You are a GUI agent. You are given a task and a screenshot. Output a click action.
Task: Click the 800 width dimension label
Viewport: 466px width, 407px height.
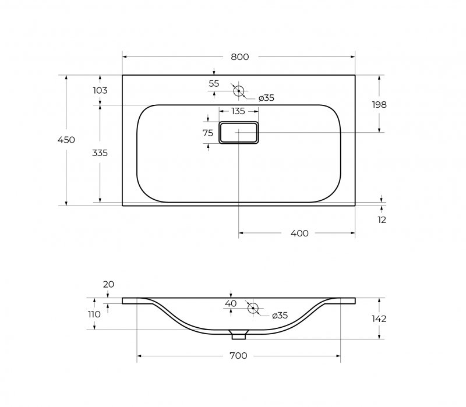tap(240, 56)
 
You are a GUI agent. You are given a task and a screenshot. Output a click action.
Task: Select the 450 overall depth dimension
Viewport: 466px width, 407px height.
tap(66, 140)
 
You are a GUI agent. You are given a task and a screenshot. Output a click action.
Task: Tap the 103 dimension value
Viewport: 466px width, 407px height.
tap(100, 90)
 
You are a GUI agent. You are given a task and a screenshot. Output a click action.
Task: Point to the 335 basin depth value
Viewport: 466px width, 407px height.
tap(100, 153)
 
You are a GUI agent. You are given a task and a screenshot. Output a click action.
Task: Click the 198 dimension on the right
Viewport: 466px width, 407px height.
tap(379, 105)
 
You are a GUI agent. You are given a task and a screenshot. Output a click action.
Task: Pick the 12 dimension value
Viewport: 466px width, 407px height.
tap(382, 220)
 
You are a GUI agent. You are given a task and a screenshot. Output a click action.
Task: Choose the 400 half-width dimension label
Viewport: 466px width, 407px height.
tap(299, 233)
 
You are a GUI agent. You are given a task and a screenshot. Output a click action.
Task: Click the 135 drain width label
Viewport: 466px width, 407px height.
tap(238, 111)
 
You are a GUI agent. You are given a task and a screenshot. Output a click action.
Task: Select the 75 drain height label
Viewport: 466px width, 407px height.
tap(208, 133)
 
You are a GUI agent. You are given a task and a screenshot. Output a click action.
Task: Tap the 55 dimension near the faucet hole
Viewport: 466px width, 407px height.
tap(214, 83)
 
